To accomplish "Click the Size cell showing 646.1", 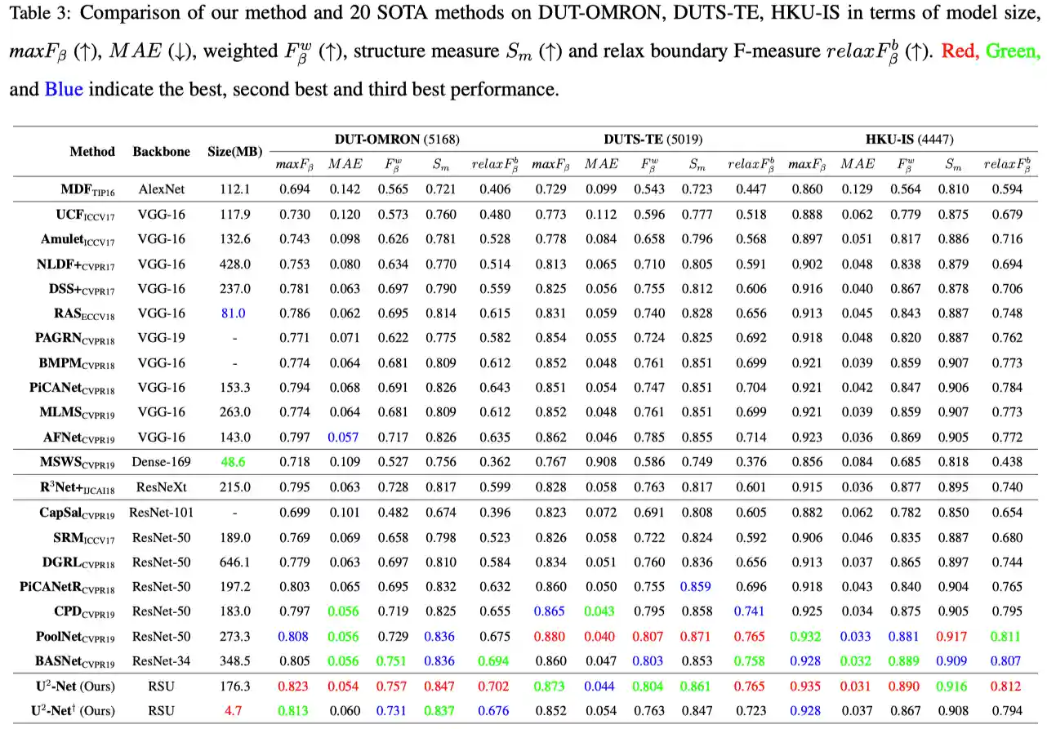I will [235, 562].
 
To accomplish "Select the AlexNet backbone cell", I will [161, 189].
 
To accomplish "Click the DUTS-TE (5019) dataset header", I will [653, 140].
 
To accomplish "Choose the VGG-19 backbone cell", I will [161, 338].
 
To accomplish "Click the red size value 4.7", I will [235, 710].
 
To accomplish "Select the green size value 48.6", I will [235, 462].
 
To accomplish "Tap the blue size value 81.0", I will [235, 313].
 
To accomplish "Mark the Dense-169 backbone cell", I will [161, 462].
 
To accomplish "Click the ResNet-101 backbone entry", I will [161, 513].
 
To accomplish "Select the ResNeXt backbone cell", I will [161, 487].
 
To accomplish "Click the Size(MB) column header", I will [235, 151].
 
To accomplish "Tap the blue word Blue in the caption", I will [64, 89].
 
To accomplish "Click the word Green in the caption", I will [1013, 51].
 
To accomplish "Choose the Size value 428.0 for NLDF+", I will [235, 264].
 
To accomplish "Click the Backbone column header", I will [161, 151].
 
